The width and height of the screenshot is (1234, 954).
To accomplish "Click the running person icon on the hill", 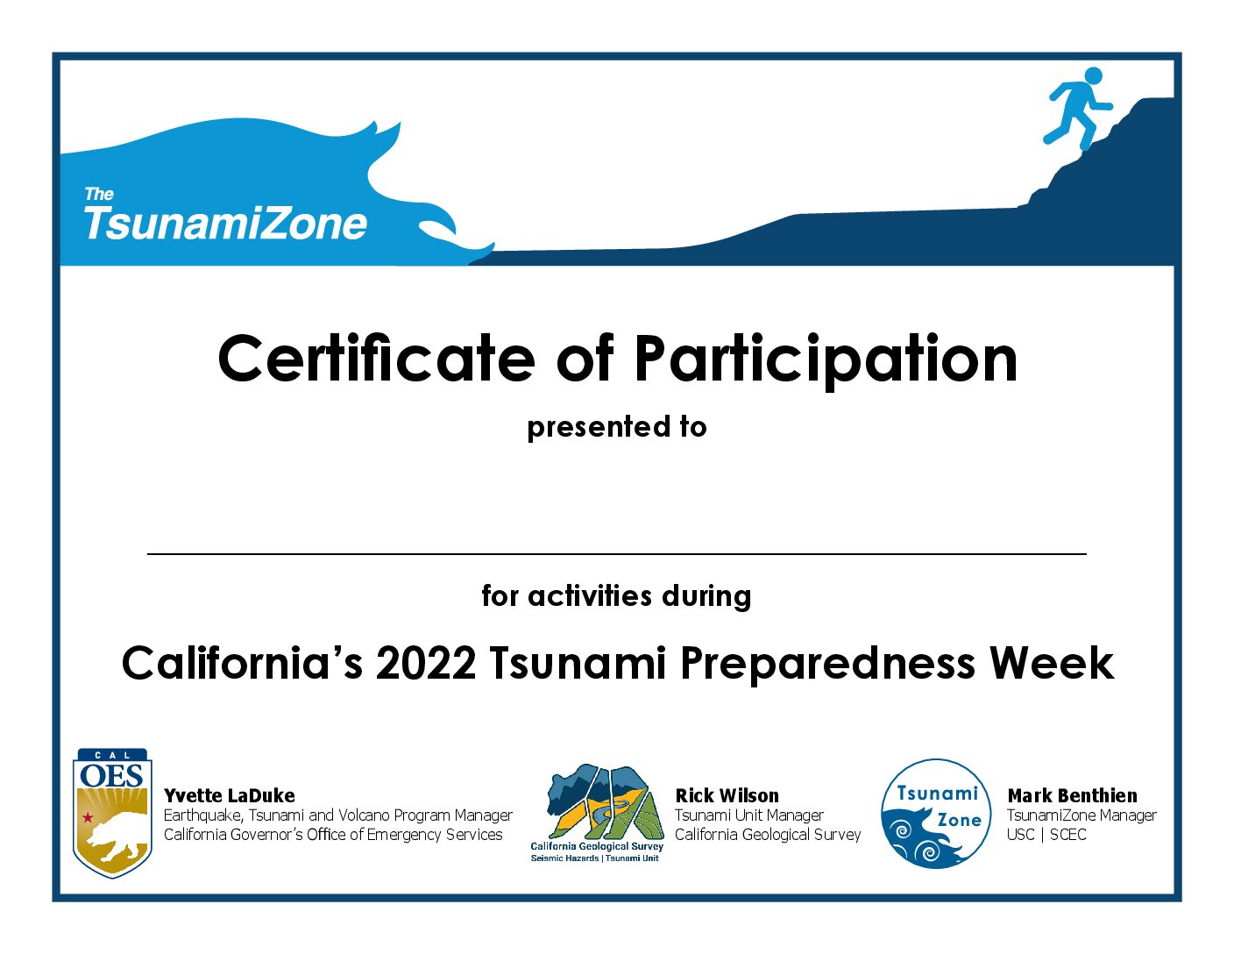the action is (x=1077, y=109).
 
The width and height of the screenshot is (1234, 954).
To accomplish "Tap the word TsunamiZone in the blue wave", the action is (x=225, y=223).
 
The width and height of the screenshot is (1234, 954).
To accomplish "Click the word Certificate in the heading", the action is (x=376, y=360).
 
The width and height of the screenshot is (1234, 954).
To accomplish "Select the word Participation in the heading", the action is (x=825, y=361).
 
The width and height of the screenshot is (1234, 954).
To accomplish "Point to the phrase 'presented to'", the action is (x=617, y=427).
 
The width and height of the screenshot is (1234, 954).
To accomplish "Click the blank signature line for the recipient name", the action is (x=617, y=553).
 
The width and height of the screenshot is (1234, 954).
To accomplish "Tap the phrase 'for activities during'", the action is (x=616, y=596).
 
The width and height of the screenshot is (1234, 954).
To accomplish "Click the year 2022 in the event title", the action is (x=425, y=664).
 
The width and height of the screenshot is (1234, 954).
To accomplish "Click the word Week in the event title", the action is (x=1052, y=663).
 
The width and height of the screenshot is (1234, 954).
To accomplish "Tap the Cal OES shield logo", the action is (x=112, y=813).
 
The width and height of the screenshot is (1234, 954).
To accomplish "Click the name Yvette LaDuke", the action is (x=230, y=795).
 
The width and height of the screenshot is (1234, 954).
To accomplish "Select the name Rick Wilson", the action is (x=727, y=795).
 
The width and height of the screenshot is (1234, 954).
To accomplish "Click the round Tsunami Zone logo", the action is (x=936, y=814).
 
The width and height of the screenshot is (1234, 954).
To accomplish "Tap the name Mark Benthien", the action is (x=1072, y=795).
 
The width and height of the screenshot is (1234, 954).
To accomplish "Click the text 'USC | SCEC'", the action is (x=1046, y=835).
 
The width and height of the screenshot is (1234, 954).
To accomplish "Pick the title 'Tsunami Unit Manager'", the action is (x=749, y=815).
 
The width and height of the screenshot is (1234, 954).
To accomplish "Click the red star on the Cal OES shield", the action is (x=88, y=817).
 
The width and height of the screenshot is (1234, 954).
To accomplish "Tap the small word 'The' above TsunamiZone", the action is (x=99, y=195).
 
